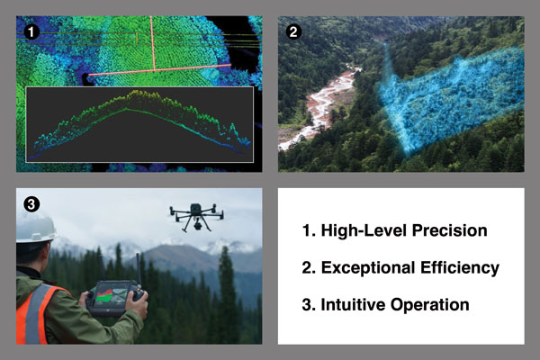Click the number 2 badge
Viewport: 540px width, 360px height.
pos(292,32)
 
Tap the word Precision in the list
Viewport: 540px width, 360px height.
pos(442,231)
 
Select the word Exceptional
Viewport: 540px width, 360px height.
pos(373,268)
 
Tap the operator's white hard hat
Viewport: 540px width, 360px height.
pos(35,227)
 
